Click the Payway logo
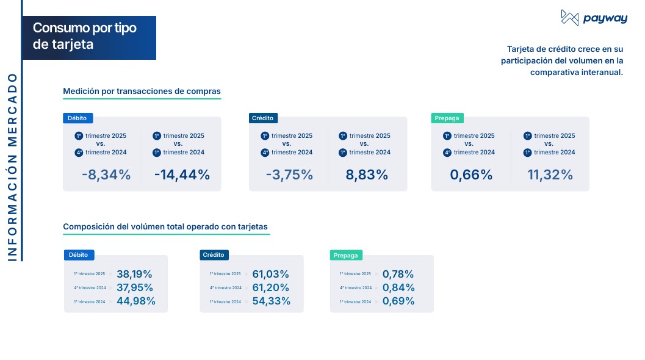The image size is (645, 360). coord(585,18)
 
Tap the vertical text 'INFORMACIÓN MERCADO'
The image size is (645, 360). coord(13,168)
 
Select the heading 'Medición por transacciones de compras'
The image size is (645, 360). coord(142,92)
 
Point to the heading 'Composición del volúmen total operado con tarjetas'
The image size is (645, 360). coord(165,227)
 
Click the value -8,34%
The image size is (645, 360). coord(106,175)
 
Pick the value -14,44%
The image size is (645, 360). coord(182,175)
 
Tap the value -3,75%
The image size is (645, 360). coord(289,175)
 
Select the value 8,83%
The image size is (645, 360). coord(367,175)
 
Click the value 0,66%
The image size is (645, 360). coord(471,175)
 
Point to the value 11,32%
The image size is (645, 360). coord(550,175)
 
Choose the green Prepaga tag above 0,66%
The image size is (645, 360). coord(447,118)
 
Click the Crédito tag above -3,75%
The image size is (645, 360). coord(262,118)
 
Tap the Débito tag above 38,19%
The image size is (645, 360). coord(79,255)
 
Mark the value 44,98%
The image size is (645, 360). coord(135,301)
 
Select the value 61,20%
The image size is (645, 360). coord(270,287)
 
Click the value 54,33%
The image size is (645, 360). coord(270,301)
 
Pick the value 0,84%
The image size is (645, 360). coord(398,287)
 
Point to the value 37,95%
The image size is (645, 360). coord(134,287)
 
